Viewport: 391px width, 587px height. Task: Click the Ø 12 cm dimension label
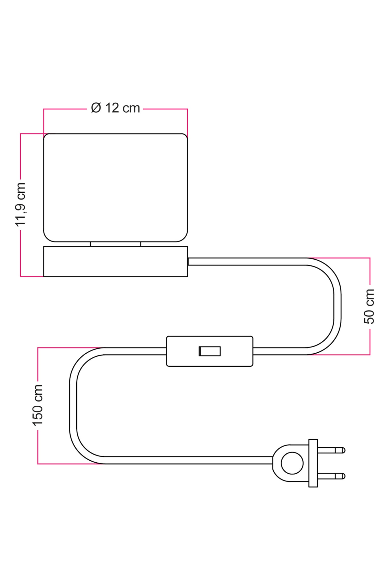[116, 108]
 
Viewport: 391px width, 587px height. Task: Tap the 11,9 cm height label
[20, 205]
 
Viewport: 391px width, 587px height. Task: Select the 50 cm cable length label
[369, 306]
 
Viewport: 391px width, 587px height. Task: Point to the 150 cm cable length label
[38, 405]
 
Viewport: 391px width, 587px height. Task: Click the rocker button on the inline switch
[210, 351]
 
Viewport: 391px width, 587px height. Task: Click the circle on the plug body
[292, 463]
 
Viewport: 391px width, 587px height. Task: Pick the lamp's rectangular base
[116, 261]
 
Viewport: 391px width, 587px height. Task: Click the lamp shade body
[116, 188]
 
